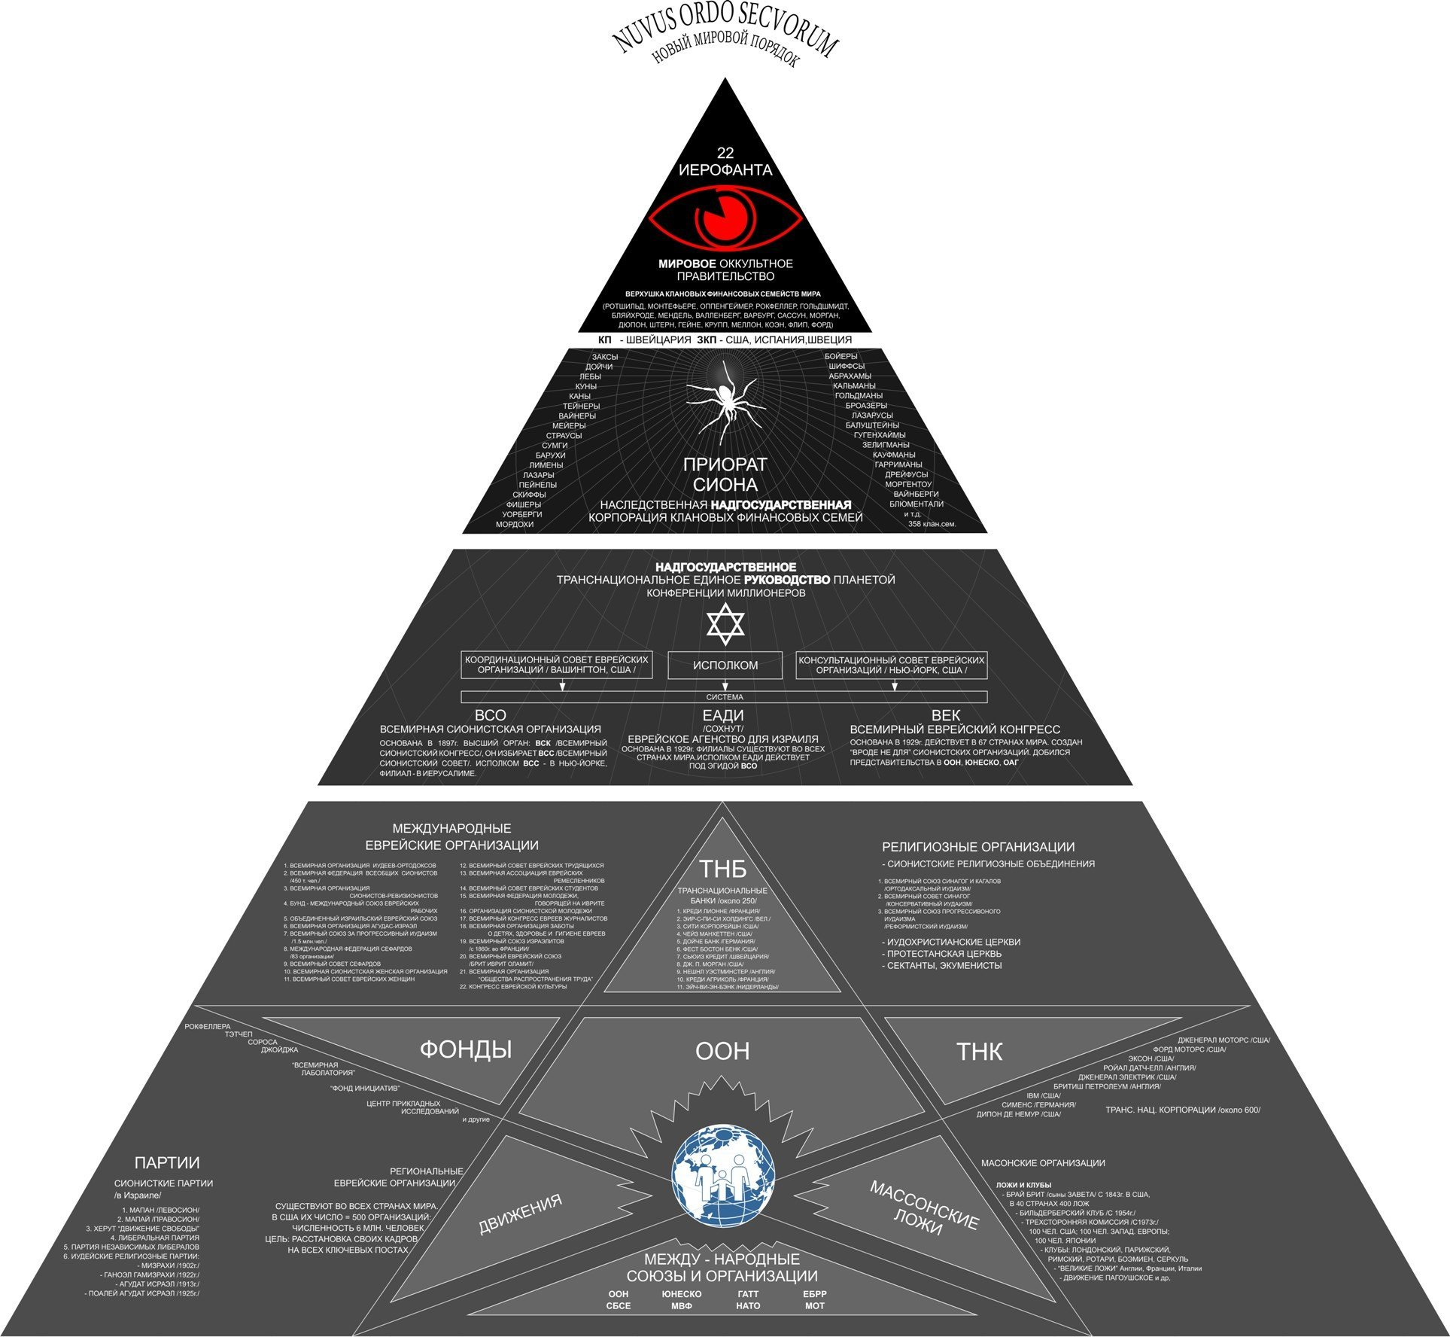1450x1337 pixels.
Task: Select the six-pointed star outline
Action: pyautogui.click(x=725, y=623)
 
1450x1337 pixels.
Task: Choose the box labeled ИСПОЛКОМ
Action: pyautogui.click(x=725, y=665)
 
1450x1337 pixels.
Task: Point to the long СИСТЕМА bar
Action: pyautogui.click(x=724, y=697)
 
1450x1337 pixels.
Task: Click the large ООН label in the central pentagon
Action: pyautogui.click(x=722, y=1051)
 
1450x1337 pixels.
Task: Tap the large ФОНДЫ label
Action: pyautogui.click(x=466, y=1049)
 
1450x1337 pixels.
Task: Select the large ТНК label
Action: pyautogui.click(x=979, y=1052)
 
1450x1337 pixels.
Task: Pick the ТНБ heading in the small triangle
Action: pyautogui.click(x=723, y=869)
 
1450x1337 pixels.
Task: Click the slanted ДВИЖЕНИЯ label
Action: pyautogui.click(x=521, y=1214)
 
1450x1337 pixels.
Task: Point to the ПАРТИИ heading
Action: pyautogui.click(x=167, y=1163)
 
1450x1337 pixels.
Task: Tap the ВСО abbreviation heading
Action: pyautogui.click(x=490, y=715)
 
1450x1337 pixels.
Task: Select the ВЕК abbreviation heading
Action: pyautogui.click(x=945, y=715)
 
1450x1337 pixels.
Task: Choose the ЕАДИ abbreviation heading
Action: pyautogui.click(x=723, y=715)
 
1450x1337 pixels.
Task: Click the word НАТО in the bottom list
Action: pyautogui.click(x=748, y=1305)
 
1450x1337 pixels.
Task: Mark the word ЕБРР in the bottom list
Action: pyautogui.click(x=815, y=1294)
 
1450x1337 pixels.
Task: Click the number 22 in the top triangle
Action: pyautogui.click(x=725, y=153)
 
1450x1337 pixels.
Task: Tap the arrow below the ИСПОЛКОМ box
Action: pyautogui.click(x=725, y=685)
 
